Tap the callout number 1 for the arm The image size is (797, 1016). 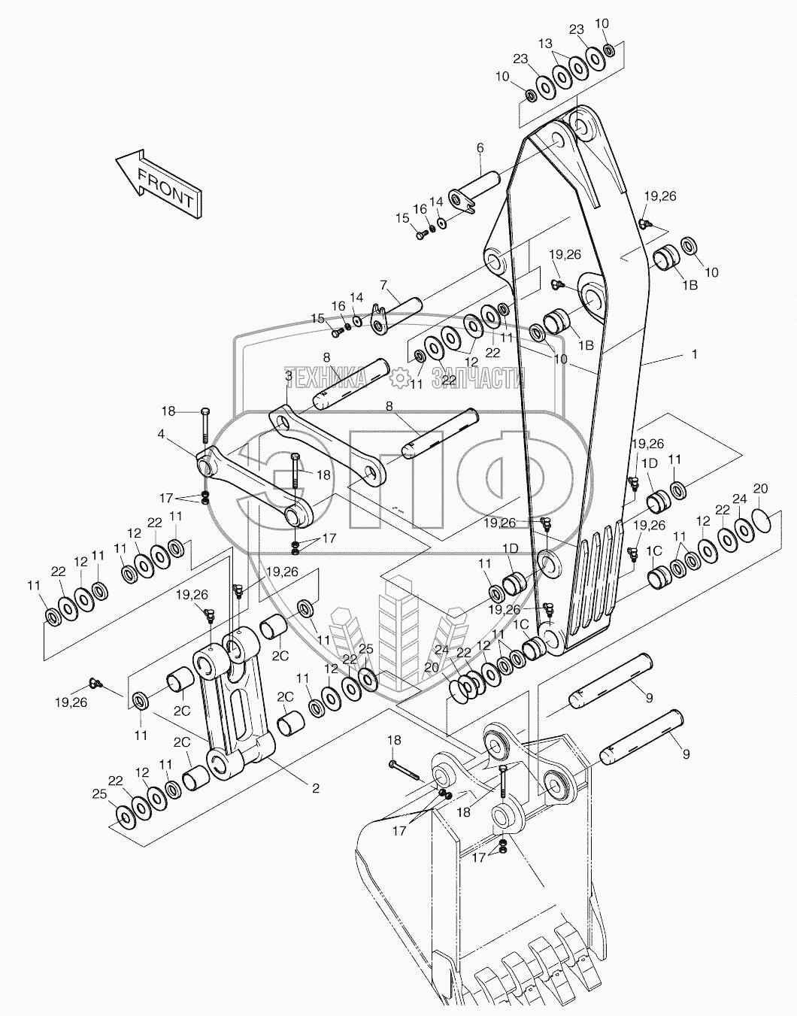(694, 353)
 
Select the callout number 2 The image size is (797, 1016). (316, 788)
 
